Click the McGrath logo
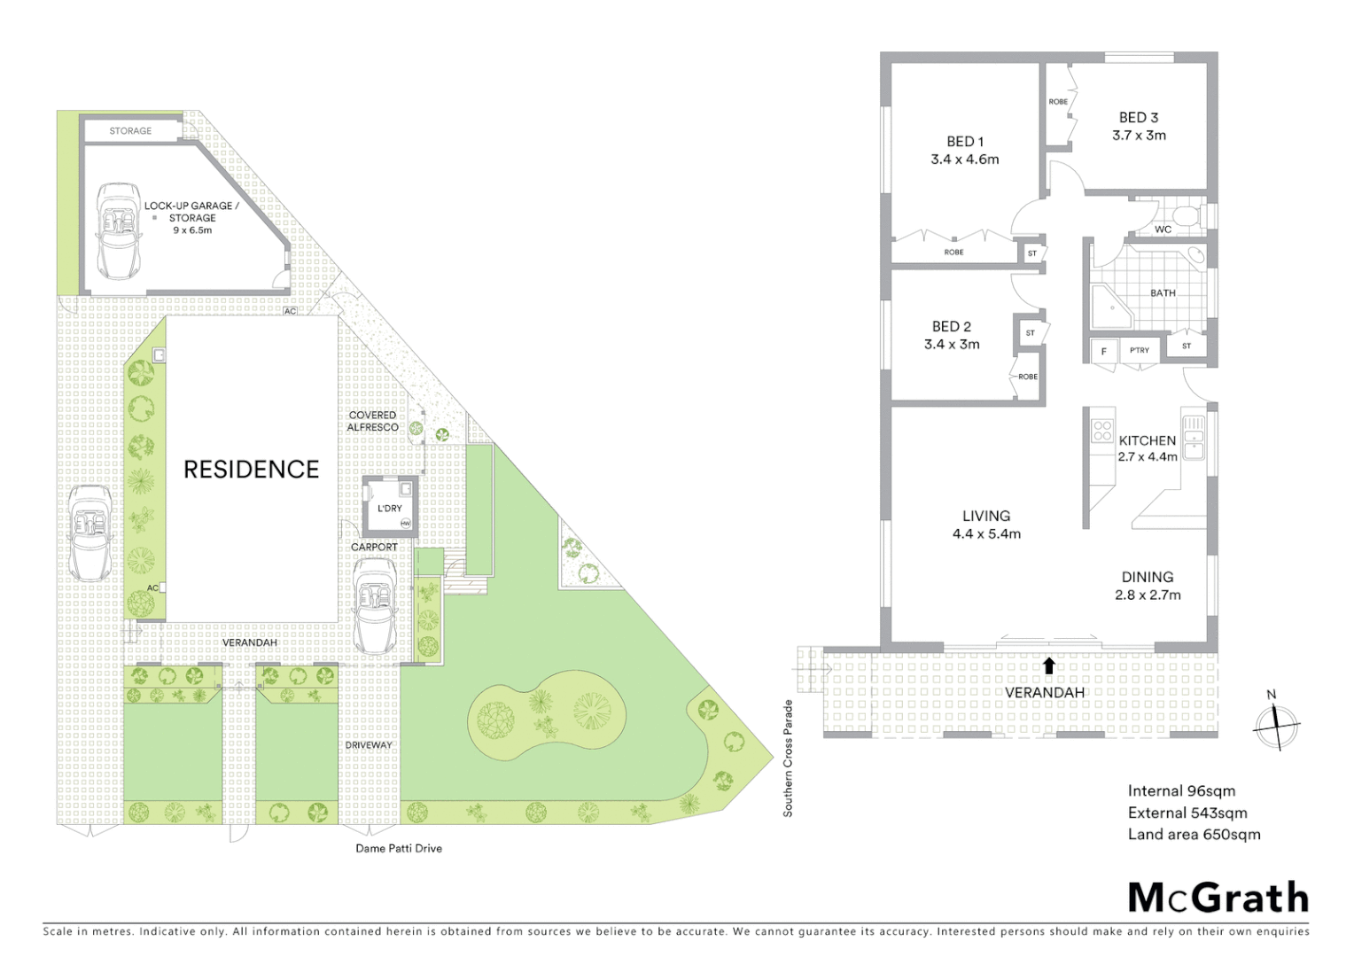coord(1218,898)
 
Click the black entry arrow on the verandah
coord(1049,665)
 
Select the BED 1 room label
coord(964,142)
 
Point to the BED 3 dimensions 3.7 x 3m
coord(1139,136)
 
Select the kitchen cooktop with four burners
coord(1102,431)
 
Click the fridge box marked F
coord(1104,351)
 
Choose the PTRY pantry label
coord(1140,351)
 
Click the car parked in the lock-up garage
coord(118,230)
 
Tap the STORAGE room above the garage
coord(130,131)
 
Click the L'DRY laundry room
coord(390,507)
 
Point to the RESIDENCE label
coord(251,469)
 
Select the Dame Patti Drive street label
coord(399,848)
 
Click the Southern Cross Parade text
coord(788,759)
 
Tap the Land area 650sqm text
coord(1194,834)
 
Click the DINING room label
coord(1147,577)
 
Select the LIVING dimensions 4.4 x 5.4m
coord(986,534)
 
